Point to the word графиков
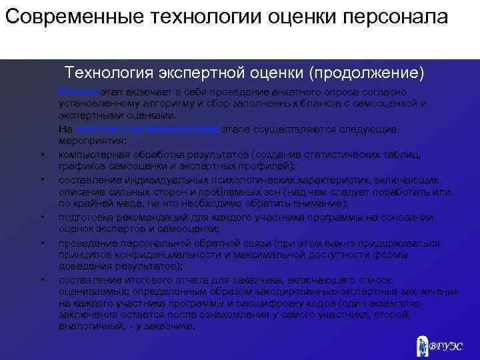[x=79, y=167]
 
